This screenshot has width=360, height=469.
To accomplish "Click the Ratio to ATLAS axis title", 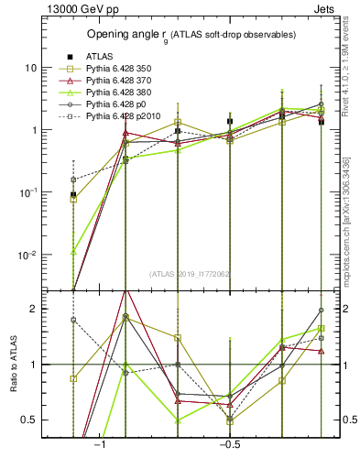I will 12,365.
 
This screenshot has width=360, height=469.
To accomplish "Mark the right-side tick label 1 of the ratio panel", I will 344,365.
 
